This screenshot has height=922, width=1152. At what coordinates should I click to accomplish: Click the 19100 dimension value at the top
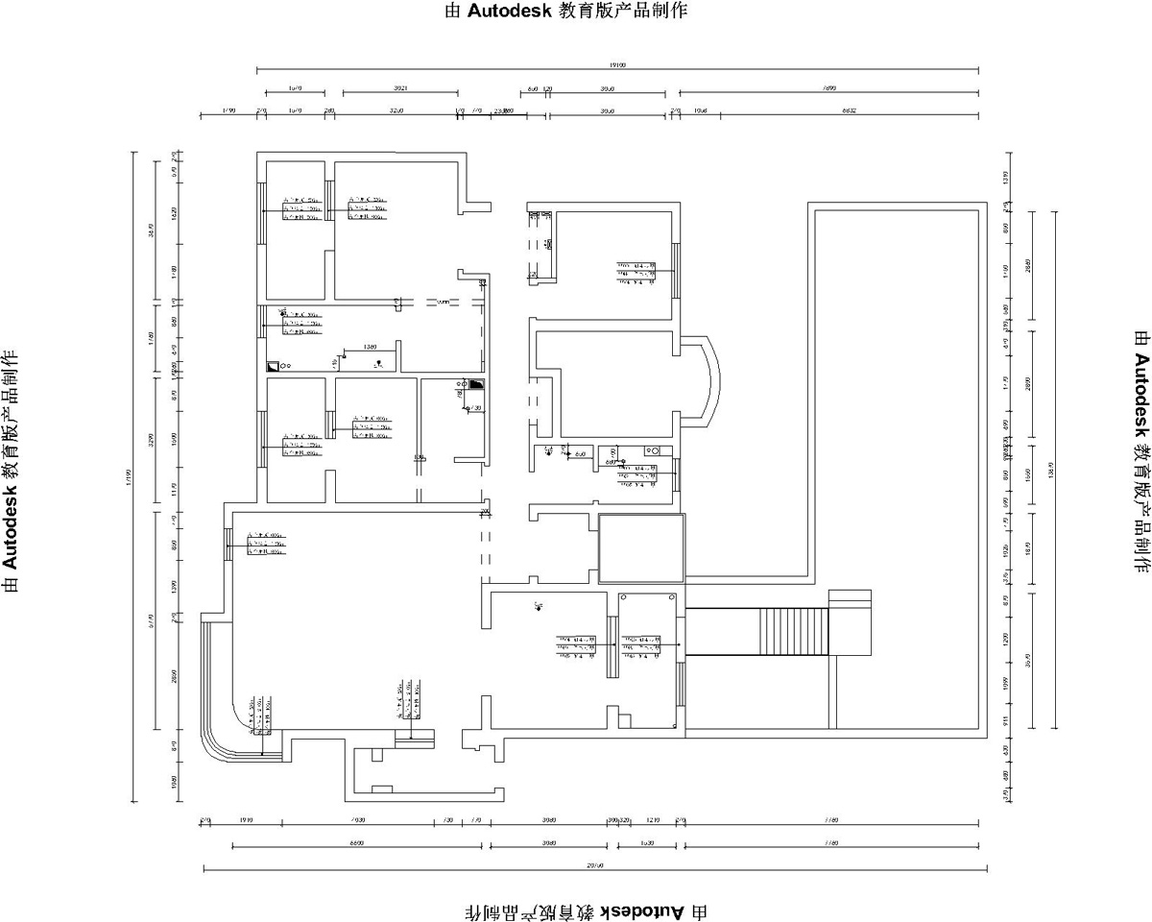tap(617, 66)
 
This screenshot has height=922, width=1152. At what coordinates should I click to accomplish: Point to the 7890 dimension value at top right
tap(829, 88)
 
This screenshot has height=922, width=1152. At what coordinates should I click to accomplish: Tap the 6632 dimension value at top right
tap(849, 111)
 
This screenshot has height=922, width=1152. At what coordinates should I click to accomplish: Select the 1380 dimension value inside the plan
tap(370, 346)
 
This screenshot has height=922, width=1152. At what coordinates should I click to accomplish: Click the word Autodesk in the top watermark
tap(510, 12)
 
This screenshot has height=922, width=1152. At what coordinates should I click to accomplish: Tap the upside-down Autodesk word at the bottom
tap(643, 910)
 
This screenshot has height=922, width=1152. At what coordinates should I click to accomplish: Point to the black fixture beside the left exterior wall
tap(273, 366)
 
